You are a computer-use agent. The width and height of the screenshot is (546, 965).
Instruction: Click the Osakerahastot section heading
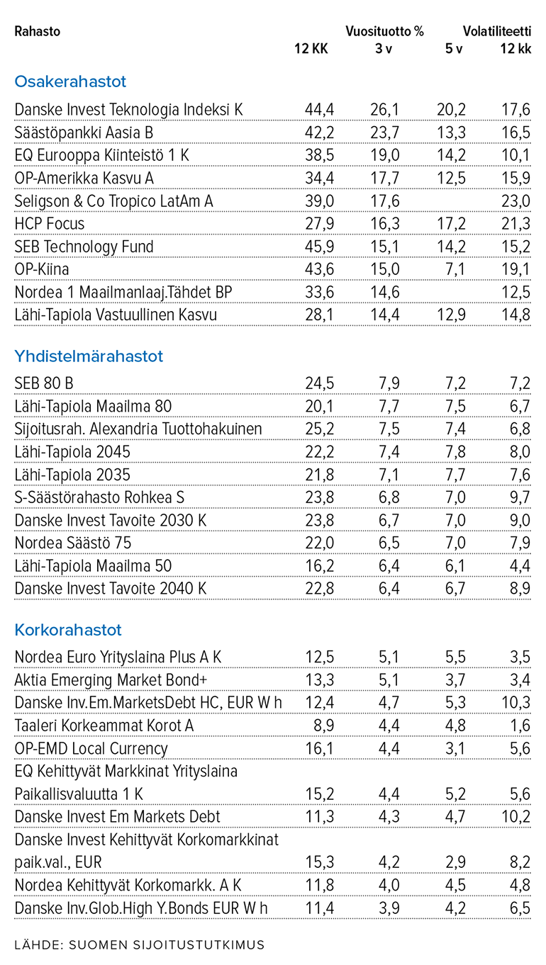70,81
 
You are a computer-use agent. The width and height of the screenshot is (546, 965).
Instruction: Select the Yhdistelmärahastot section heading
89,356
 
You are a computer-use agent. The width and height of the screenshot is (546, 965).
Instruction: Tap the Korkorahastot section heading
68,630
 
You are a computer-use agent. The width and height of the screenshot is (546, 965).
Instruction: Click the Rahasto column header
37,31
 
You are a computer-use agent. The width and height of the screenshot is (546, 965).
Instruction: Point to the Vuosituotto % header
384,31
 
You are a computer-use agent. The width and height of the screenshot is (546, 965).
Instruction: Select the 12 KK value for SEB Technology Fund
319,247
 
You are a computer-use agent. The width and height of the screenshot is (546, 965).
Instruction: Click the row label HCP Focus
50,224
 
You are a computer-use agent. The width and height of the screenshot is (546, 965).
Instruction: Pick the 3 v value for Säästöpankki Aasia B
385,132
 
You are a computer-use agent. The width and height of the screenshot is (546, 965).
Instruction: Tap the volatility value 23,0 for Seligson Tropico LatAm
516,201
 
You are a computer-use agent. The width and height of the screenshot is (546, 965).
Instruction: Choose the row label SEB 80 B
44,383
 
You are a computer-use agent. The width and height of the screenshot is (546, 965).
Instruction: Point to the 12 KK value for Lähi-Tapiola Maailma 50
319,566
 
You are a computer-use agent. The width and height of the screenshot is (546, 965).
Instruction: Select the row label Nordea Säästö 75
73,543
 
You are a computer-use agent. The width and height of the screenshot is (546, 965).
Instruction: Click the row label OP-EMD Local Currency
91,748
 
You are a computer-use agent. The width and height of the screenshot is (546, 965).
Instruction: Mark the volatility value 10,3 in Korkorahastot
516,703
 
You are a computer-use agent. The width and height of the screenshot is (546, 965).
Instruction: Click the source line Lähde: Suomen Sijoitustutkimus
139,944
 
